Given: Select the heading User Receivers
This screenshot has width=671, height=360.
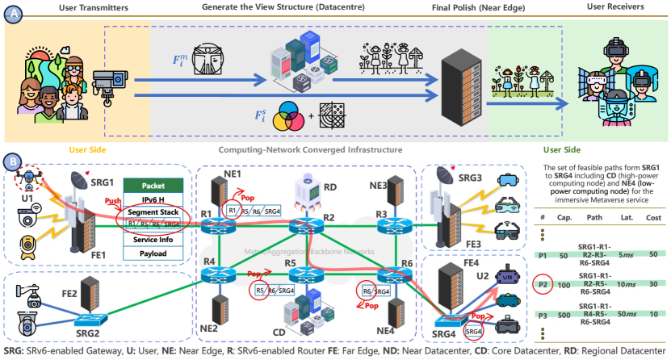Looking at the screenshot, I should pos(607,7).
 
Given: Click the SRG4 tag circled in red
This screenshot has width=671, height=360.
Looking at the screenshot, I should pos(476,330).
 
